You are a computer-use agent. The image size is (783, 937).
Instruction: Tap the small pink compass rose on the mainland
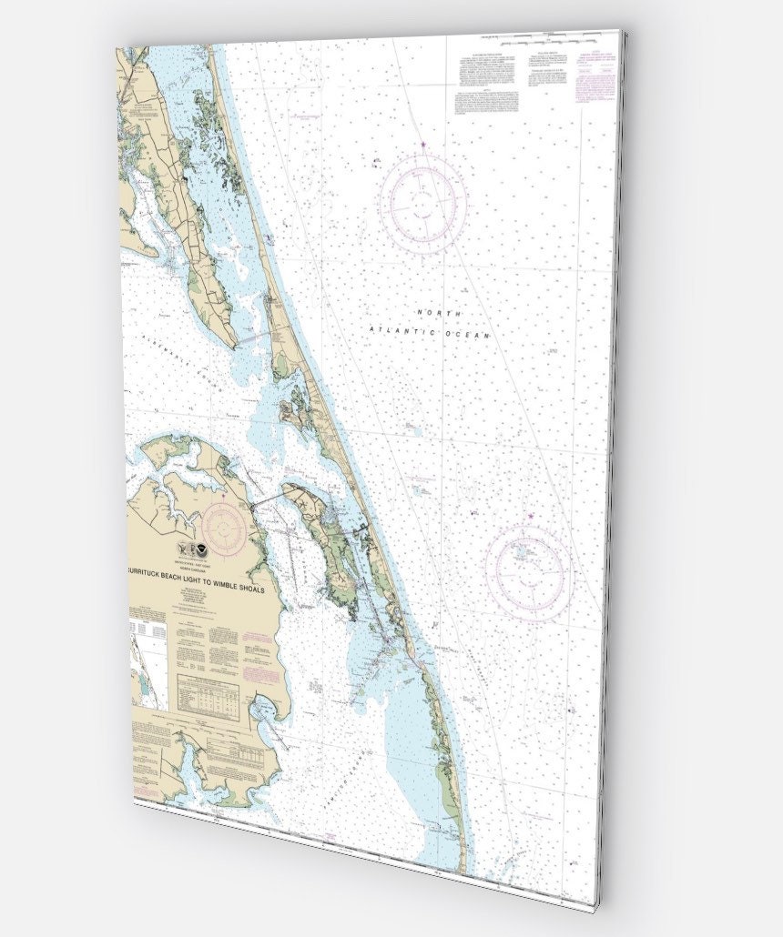click(x=223, y=525)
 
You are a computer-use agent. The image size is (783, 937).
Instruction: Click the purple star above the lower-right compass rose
click(x=531, y=518)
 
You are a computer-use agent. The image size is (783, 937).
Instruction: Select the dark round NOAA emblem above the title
click(x=202, y=549)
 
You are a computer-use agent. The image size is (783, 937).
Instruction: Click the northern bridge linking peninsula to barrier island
click(x=256, y=338)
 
